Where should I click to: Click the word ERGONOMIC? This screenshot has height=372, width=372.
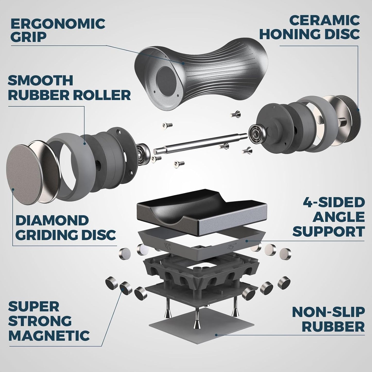[58, 23]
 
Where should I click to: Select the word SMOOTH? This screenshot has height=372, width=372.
[40, 81]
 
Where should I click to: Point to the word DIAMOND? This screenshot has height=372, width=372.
[52, 220]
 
